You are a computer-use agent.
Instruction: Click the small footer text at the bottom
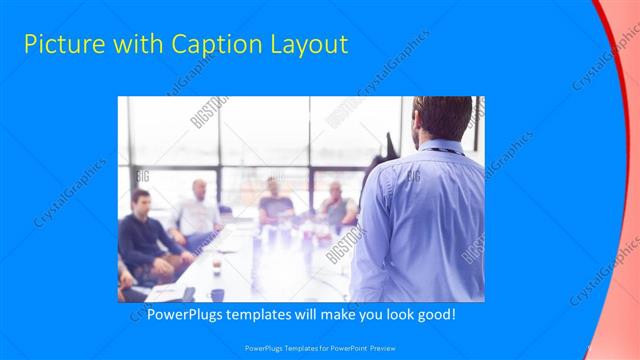(319, 348)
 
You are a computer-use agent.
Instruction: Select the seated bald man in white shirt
(198, 212)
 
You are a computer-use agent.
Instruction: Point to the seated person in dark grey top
(275, 205)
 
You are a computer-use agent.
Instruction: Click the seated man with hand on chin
(336, 205)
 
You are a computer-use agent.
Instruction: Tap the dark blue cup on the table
(217, 294)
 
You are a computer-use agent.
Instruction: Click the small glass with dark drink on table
(216, 265)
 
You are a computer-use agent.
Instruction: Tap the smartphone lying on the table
(188, 294)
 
